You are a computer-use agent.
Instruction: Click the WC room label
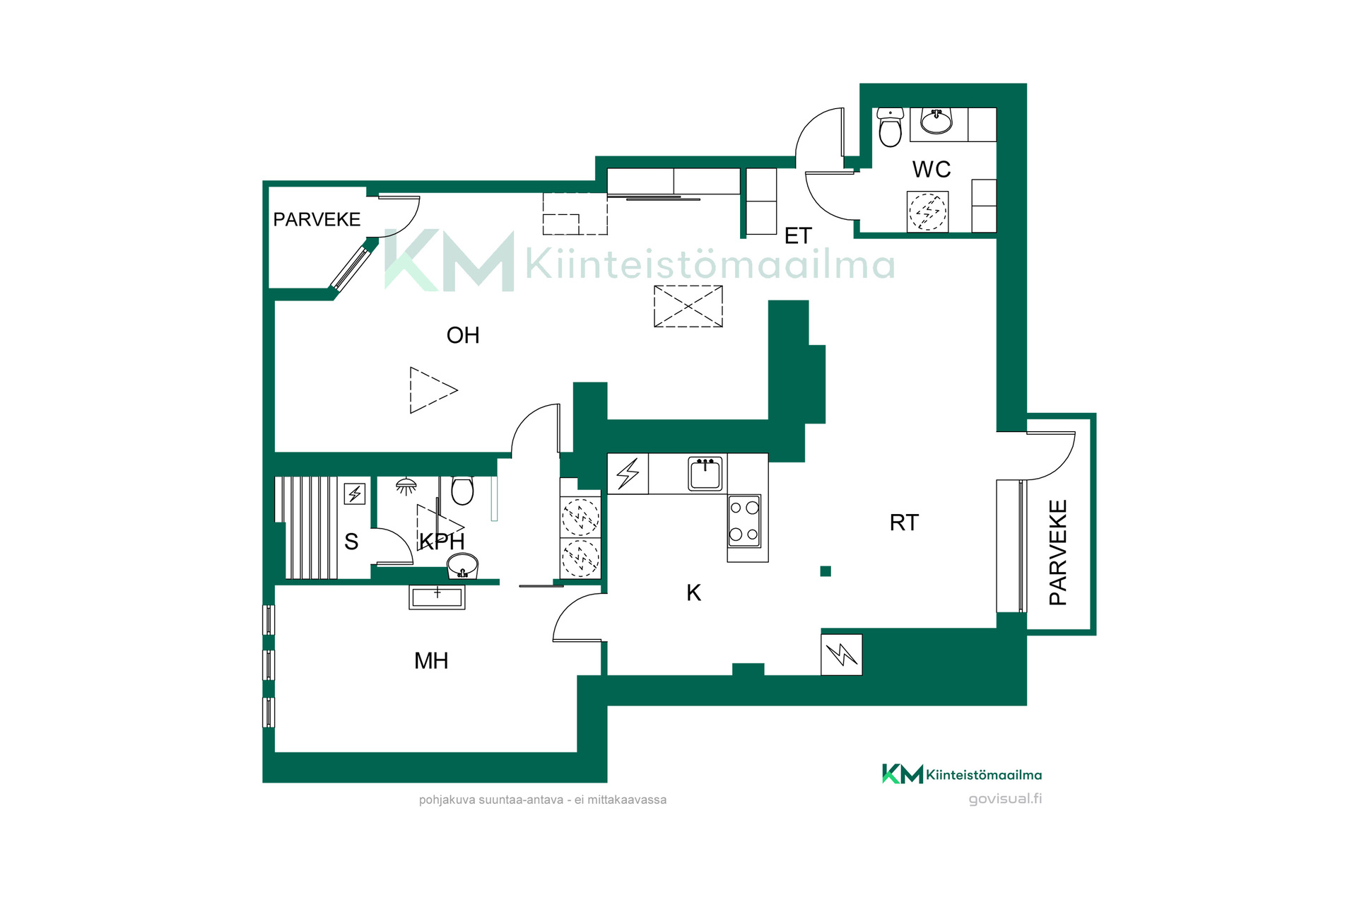[x=932, y=170]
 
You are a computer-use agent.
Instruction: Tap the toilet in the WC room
[x=890, y=127]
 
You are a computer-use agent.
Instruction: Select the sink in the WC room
[x=936, y=122]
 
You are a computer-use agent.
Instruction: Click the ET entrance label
[x=798, y=236]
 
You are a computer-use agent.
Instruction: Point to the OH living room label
[x=463, y=335]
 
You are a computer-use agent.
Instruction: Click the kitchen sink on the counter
[x=705, y=474]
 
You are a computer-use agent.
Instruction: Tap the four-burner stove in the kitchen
[x=744, y=520]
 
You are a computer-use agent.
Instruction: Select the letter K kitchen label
[x=694, y=592]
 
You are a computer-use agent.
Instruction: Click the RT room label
[x=904, y=522]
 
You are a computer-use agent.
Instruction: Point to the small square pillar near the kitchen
[x=826, y=571]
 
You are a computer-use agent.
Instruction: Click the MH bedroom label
[x=431, y=661]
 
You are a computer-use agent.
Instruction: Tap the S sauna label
[x=351, y=542]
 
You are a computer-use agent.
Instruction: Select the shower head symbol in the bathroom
[x=406, y=486]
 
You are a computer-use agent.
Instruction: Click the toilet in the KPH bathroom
[x=462, y=490]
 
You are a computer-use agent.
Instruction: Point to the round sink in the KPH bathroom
[x=463, y=566]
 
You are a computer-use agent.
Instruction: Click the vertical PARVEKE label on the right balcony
[x=1058, y=552]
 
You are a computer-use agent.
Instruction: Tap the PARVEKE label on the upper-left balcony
[x=317, y=220]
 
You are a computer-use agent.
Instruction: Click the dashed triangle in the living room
[x=433, y=390]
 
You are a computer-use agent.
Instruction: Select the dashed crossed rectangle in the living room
[x=688, y=306]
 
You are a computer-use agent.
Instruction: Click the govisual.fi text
[x=1005, y=799]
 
